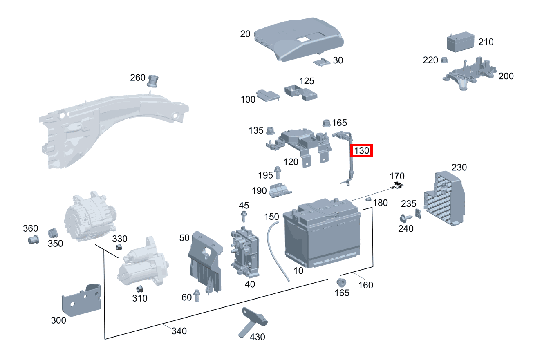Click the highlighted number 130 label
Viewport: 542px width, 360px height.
[x=362, y=151]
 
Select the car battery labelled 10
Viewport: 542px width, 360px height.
[x=323, y=237]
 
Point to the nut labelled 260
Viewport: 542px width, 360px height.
[x=153, y=81]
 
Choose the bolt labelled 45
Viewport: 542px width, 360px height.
[x=244, y=217]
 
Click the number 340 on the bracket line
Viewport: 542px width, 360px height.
[x=179, y=331]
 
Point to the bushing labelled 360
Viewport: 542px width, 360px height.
[x=33, y=239]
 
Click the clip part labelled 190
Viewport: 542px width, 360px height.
[x=280, y=190]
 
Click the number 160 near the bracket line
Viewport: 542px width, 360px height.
[x=365, y=285]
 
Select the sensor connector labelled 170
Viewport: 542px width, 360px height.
[x=397, y=186]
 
